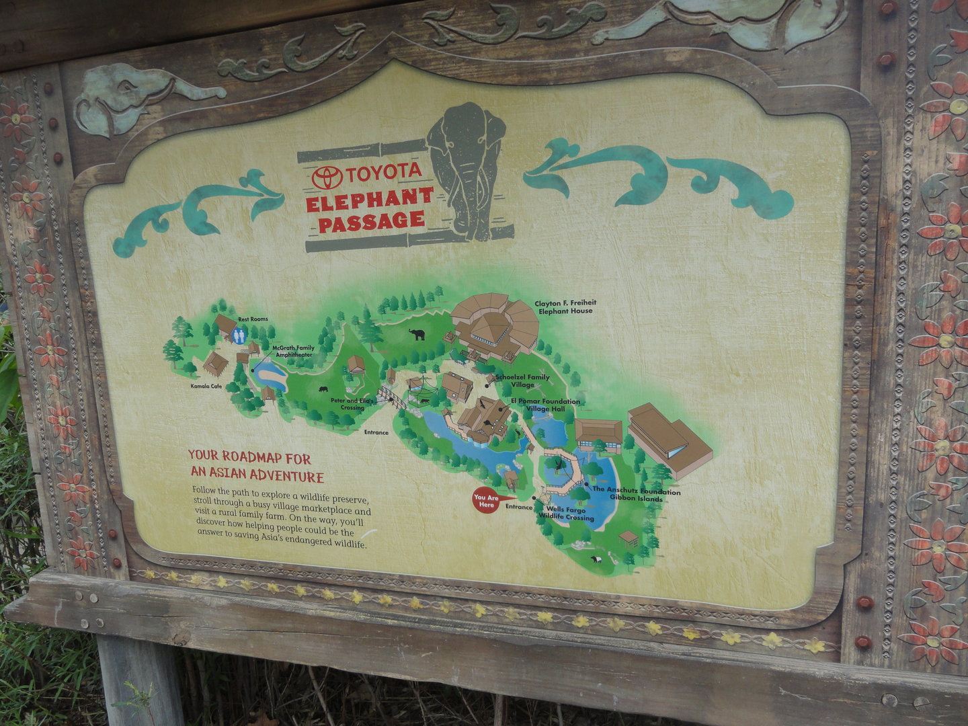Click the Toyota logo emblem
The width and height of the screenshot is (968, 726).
(x=327, y=177)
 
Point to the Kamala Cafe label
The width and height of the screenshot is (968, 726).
(x=206, y=387)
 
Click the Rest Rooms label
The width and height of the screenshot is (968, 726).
(x=253, y=319)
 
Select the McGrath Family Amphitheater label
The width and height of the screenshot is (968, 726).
(x=294, y=350)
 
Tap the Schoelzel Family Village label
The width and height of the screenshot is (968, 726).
(x=522, y=381)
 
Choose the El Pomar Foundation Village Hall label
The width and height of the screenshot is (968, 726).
(x=544, y=405)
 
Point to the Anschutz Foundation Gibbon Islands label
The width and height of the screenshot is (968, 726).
(x=636, y=495)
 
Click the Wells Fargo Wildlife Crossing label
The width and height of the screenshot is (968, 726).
(x=566, y=514)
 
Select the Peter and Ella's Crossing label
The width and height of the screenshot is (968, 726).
(x=347, y=404)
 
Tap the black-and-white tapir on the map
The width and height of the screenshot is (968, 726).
(x=596, y=559)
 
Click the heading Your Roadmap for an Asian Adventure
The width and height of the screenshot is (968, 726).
(x=255, y=467)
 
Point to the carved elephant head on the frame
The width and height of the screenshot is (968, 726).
(x=128, y=98)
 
